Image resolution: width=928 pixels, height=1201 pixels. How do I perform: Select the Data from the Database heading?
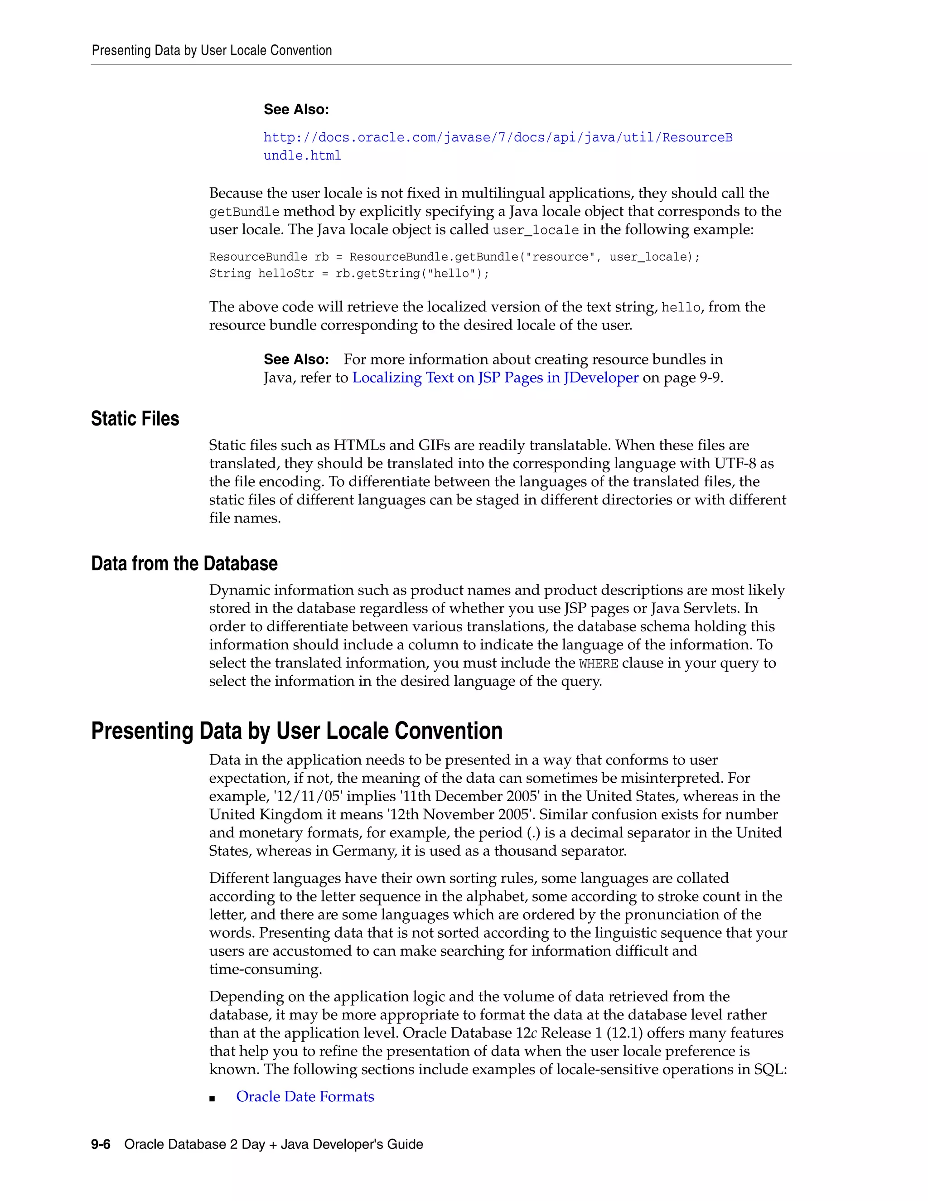184,564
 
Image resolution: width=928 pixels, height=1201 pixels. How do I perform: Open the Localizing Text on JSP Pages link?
495,378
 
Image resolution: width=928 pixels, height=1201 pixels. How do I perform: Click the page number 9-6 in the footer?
101,1144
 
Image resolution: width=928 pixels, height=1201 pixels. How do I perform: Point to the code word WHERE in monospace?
598,664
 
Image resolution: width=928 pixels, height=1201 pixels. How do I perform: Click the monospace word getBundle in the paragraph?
244,212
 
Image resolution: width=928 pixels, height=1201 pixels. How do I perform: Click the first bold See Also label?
296,109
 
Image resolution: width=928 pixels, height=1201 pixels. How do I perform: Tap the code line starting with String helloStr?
348,274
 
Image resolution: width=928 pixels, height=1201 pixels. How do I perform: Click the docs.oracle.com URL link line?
498,137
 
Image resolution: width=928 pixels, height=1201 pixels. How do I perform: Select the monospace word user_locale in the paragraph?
536,230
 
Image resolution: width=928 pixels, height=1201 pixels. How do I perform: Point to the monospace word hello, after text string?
680,307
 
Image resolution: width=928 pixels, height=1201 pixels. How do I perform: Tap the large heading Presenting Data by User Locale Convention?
296,731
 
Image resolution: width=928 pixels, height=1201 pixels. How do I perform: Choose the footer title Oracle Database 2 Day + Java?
273,1144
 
